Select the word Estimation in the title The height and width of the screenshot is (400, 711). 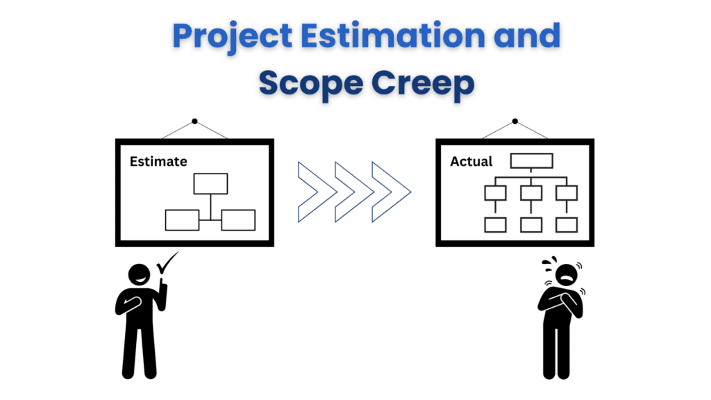point(393,35)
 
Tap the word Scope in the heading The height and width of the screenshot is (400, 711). point(311,84)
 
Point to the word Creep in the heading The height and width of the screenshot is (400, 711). point(423,84)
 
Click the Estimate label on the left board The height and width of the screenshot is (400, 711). point(158,161)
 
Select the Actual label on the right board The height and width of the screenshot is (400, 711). point(471,161)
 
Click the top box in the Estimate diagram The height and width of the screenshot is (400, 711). point(210,183)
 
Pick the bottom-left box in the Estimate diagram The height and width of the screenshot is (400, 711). point(182,220)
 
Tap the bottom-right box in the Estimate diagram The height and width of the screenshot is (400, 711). point(238,220)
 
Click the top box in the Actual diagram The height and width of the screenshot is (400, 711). point(531,160)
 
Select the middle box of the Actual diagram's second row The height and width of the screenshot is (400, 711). point(531,193)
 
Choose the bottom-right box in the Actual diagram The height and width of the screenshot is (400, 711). point(567,225)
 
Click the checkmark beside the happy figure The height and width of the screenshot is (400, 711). point(167,263)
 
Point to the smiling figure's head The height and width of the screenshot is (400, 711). point(139,275)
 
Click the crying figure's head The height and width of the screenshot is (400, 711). point(567,275)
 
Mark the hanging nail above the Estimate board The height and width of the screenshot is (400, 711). point(194,121)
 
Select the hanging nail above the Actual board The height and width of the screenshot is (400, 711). point(515,121)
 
